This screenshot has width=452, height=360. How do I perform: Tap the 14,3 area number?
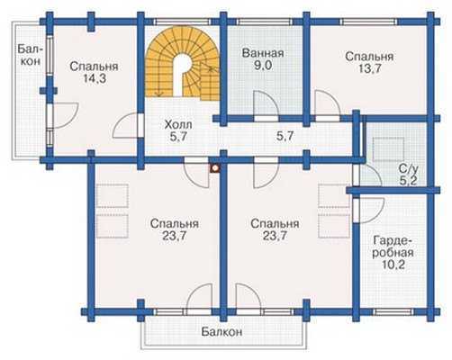click(x=95, y=78)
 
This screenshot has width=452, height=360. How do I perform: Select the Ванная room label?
click(x=263, y=53)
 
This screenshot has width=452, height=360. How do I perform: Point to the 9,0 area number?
click(x=263, y=66)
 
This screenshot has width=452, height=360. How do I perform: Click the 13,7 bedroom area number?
click(x=369, y=68)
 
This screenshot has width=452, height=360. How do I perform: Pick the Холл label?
click(x=178, y=124)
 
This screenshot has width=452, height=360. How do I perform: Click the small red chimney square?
click(x=215, y=169)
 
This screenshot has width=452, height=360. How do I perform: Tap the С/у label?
click(x=409, y=169)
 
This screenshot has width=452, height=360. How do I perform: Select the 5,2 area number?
click(x=409, y=181)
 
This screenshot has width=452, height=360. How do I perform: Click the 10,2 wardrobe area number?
click(x=393, y=265)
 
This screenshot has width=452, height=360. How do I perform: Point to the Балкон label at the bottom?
click(x=221, y=332)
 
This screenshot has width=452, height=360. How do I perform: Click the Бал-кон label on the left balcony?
click(x=29, y=55)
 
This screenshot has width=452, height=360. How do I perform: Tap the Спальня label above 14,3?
click(x=94, y=67)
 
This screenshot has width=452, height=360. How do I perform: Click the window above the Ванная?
click(x=265, y=22)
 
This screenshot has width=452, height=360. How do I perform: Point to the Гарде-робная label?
click(x=393, y=247)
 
